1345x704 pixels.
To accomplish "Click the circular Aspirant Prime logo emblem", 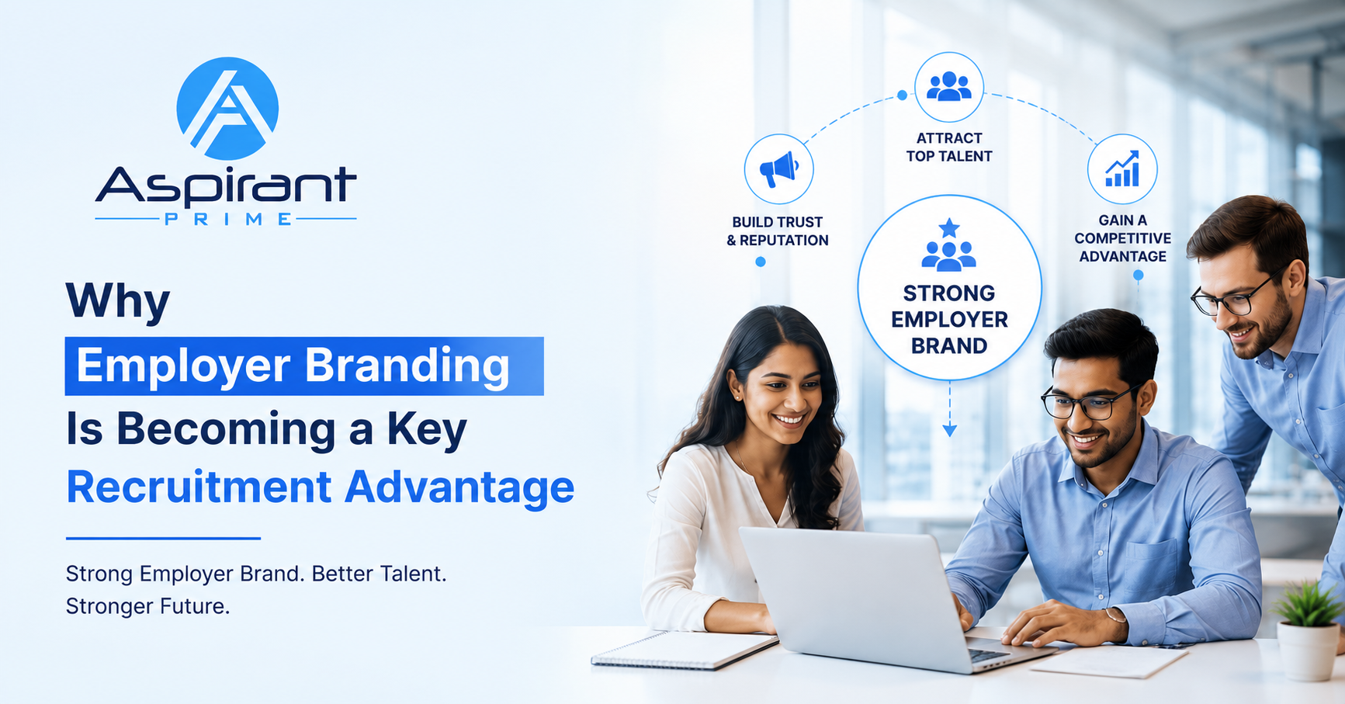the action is click(x=227, y=108).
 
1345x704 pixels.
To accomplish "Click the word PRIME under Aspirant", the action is click(x=228, y=220).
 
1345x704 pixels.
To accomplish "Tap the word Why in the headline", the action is click(x=118, y=301).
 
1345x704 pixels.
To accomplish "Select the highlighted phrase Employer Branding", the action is click(x=293, y=366).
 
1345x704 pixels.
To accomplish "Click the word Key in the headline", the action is click(x=427, y=430).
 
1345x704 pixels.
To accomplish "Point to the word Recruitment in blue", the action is click(x=199, y=487).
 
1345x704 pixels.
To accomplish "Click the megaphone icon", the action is click(x=778, y=168).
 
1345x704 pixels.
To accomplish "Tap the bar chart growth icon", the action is click(x=1122, y=168).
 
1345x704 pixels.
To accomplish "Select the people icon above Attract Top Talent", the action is click(x=948, y=86).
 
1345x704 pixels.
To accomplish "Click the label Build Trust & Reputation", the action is click(x=778, y=231).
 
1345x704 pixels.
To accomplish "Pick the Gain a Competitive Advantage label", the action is click(x=1122, y=238).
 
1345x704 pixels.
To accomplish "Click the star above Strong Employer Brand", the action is click(x=948, y=227).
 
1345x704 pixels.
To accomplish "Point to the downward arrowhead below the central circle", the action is click(x=949, y=431).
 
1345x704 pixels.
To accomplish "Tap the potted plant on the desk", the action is click(x=1309, y=630).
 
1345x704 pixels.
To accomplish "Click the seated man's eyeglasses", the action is click(x=1090, y=402).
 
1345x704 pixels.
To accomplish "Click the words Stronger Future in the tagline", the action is click(x=147, y=606).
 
